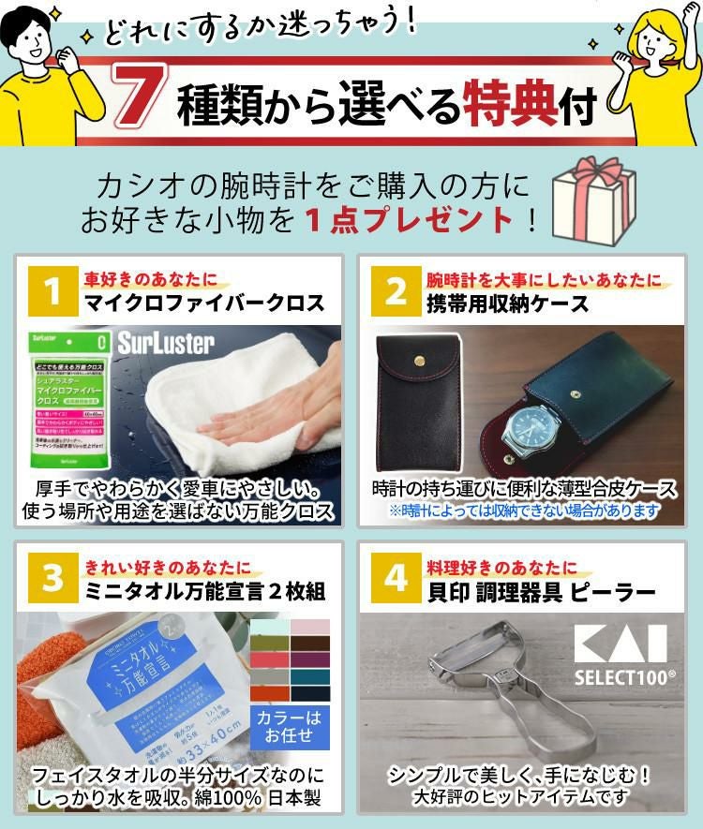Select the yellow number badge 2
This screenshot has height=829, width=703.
(x=395, y=291)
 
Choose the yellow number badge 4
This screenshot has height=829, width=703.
(x=395, y=577)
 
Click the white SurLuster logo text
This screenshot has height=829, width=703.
(x=166, y=343)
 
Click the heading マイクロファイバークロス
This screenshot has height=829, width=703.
(x=204, y=303)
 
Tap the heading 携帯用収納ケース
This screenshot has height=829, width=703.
(x=507, y=303)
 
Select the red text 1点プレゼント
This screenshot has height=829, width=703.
(x=411, y=221)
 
